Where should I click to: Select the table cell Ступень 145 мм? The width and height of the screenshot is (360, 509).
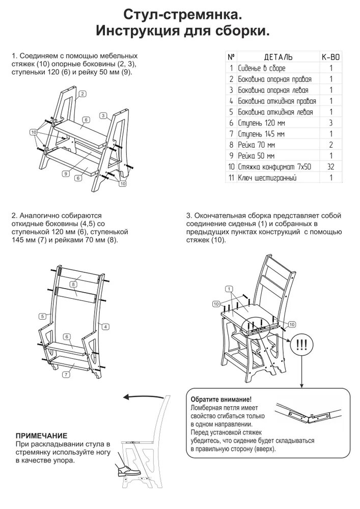tap(260, 134)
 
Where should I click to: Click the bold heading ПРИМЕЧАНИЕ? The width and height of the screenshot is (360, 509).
tap(41, 435)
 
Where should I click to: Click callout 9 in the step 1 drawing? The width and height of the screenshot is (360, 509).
tap(66, 174)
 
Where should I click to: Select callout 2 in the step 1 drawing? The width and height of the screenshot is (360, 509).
tap(81, 94)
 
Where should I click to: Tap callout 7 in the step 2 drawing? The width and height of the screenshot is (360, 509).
tap(66, 374)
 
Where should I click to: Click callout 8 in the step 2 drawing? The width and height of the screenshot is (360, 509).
tap(73, 284)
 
